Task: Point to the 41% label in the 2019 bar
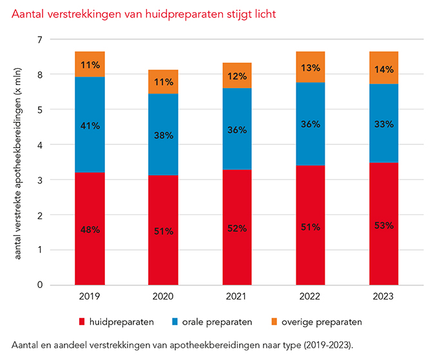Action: pyautogui.click(x=90, y=126)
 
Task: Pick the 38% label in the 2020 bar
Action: pyautogui.click(x=164, y=136)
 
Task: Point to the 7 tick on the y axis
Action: pyautogui.click(x=39, y=40)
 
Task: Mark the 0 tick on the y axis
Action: pyautogui.click(x=39, y=285)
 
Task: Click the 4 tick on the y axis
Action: pyautogui.click(x=39, y=145)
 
